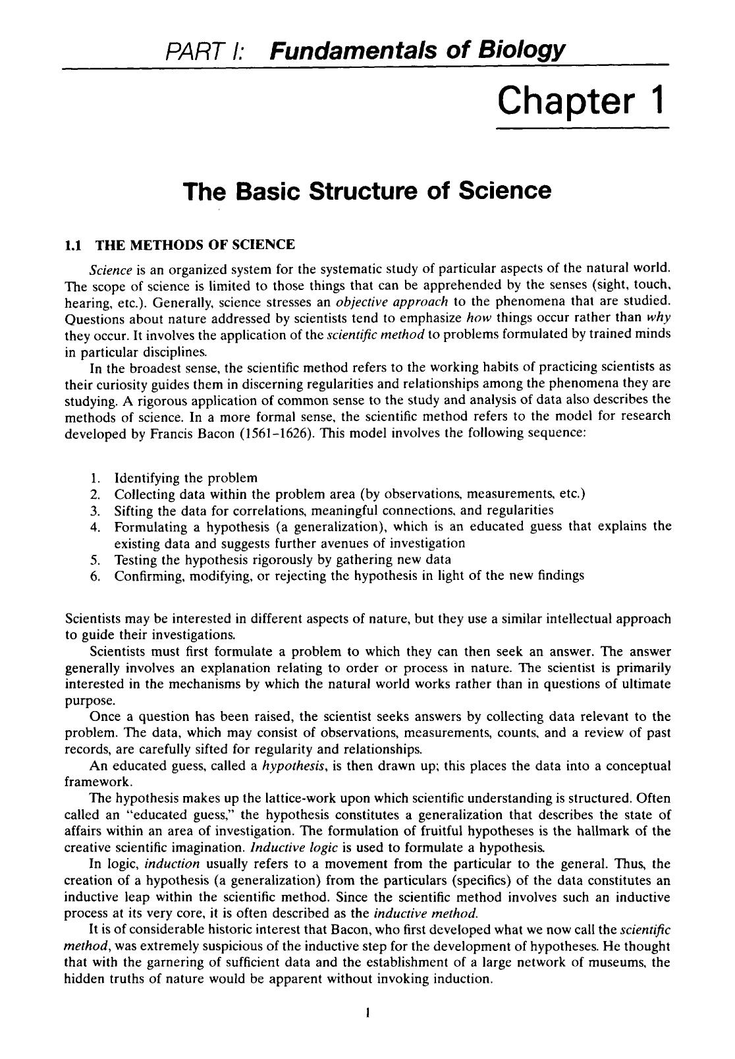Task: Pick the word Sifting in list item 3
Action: [134, 511]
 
